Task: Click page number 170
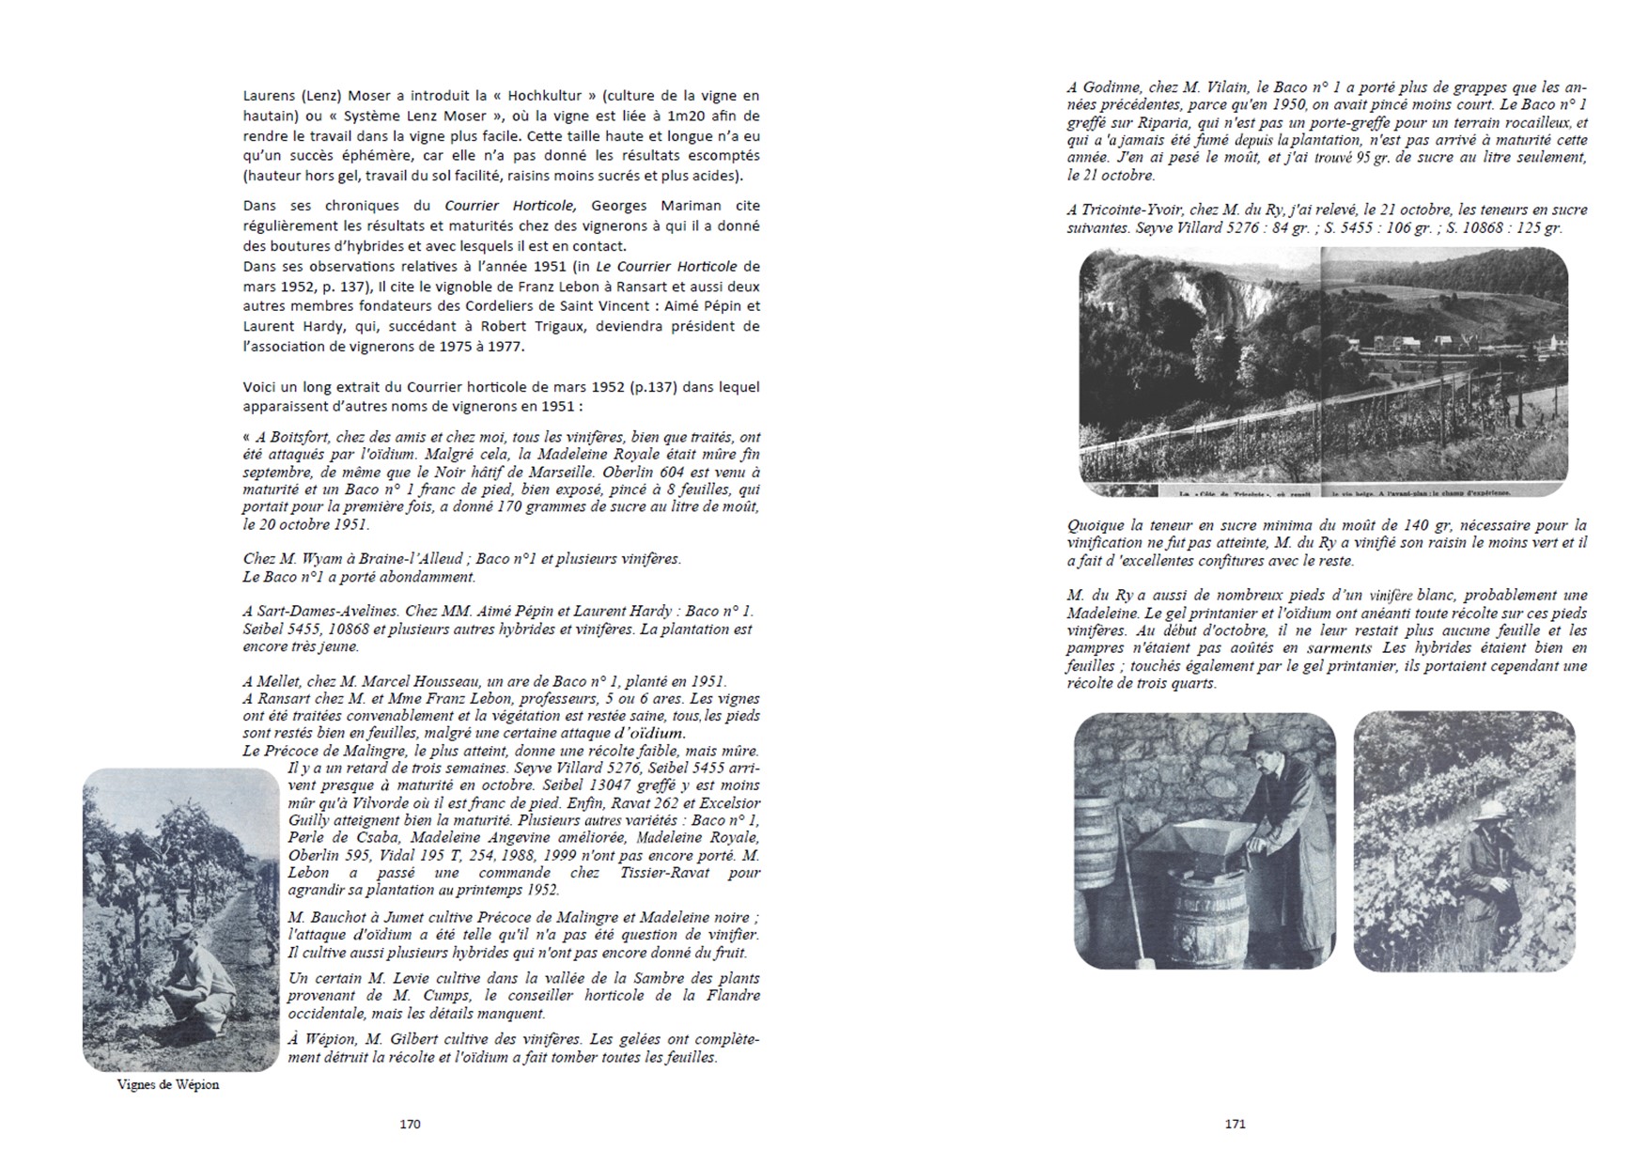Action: [410, 1124]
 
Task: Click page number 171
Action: [1235, 1124]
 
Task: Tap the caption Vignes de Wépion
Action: [168, 1084]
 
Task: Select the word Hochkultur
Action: [549, 96]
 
